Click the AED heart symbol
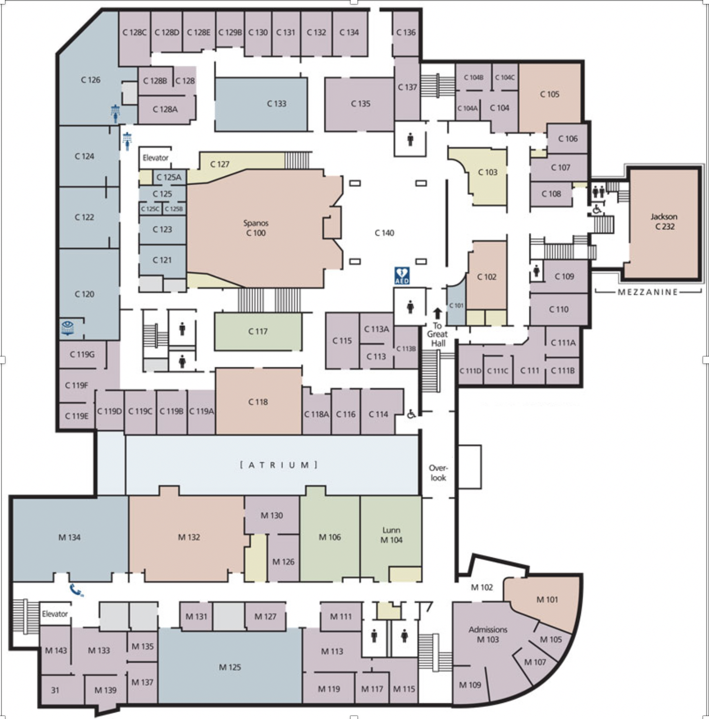coord(402,275)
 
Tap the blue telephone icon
coord(76,590)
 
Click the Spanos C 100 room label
coord(256,228)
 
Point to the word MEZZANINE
coord(648,292)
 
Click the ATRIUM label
coord(279,465)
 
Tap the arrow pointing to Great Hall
coord(437,313)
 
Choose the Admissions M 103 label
coord(488,634)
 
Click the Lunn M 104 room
coord(391,538)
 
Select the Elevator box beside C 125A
coord(155,157)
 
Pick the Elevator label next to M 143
coord(55,614)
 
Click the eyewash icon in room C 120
coord(68,327)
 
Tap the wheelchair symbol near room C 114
coord(411,414)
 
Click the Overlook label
coord(438,473)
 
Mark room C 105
coord(550,97)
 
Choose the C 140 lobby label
coord(385,233)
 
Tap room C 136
coord(406,33)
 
